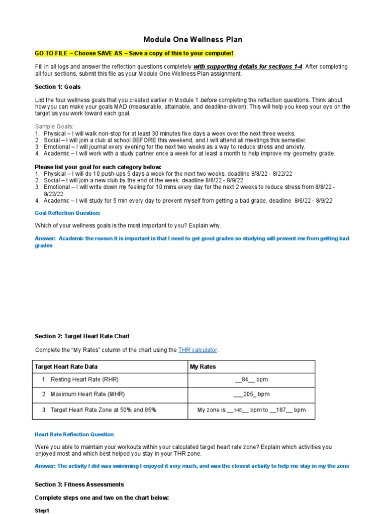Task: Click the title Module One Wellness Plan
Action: [193, 40]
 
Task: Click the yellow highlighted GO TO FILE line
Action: [134, 54]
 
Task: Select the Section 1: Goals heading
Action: [57, 87]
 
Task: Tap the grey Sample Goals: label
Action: [54, 126]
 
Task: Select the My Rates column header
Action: [203, 367]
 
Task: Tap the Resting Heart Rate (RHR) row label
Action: [84, 380]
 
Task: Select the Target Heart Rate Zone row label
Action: [103, 410]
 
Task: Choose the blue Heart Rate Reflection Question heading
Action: [74, 435]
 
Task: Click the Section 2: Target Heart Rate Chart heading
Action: [82, 336]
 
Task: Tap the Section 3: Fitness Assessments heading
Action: [79, 485]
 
